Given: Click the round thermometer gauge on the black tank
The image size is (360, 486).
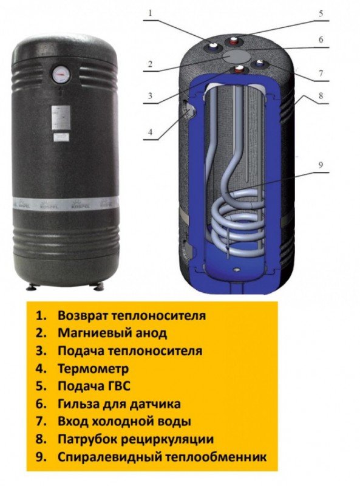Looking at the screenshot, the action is (61, 75).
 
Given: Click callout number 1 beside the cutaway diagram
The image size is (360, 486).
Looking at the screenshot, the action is (151, 13).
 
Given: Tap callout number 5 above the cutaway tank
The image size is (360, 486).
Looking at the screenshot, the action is (321, 13).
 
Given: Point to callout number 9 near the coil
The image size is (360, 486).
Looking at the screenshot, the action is (321, 165).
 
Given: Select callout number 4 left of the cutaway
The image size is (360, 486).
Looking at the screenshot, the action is (151, 132).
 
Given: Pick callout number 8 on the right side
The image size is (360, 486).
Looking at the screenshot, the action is (321, 95).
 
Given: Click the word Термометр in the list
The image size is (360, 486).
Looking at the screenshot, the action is (93, 369).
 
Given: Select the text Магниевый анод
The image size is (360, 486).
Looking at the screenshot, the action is (112, 333).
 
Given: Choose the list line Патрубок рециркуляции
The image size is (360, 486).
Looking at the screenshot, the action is (136, 439).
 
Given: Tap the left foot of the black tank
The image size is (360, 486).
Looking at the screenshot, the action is (32, 287).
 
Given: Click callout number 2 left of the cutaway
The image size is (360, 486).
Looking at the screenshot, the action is (151, 64).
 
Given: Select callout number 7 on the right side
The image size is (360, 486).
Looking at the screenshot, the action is (321, 74).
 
